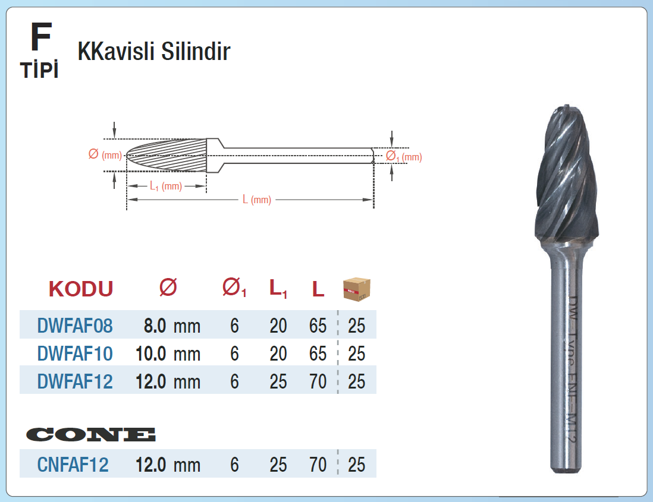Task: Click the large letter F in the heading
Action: click(41, 37)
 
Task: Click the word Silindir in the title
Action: click(195, 52)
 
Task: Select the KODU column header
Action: click(81, 289)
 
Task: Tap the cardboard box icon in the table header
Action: click(356, 289)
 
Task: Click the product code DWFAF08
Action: click(75, 326)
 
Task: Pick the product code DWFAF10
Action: click(75, 353)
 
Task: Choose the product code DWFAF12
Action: click(75, 381)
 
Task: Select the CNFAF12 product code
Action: click(73, 465)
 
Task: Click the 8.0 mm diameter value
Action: click(172, 326)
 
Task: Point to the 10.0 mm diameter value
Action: click(168, 353)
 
